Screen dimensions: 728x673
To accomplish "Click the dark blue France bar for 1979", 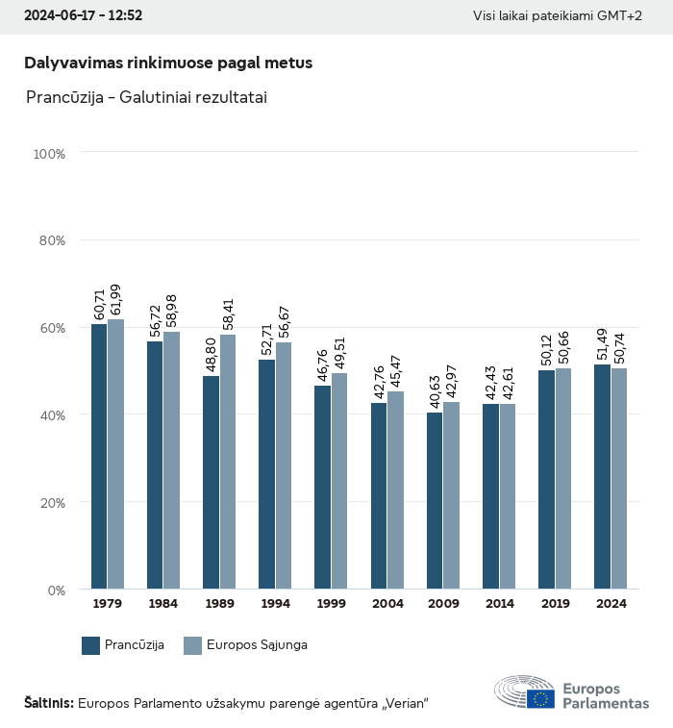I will [x=99, y=457].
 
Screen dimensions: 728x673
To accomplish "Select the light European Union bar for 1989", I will [x=228, y=462].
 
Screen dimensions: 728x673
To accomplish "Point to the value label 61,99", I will [x=116, y=300].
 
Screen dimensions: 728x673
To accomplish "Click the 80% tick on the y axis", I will [x=52, y=240].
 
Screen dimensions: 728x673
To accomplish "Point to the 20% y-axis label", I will [x=52, y=502].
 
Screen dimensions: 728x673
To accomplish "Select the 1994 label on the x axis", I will [x=275, y=604].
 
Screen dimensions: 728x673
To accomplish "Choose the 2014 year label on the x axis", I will [x=499, y=604].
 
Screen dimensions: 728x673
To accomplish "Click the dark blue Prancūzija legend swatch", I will [x=91, y=645].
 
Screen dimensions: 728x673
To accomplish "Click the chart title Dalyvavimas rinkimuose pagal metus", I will [x=168, y=63].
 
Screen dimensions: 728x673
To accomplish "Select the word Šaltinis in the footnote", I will [x=48, y=703].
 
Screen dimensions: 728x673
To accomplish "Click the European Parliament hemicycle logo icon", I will [x=524, y=692].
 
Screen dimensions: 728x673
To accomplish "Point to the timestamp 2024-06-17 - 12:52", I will [x=83, y=16].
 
